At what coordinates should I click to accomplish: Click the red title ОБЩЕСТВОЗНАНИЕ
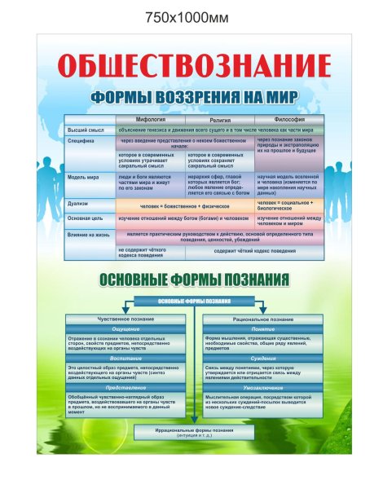tap(194, 65)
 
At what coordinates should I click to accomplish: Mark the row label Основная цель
tap(86, 218)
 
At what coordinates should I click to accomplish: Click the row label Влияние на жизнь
tap(89, 233)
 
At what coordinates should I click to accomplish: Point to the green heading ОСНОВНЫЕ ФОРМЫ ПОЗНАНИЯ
tap(194, 280)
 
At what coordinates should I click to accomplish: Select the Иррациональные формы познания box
tap(192, 433)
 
